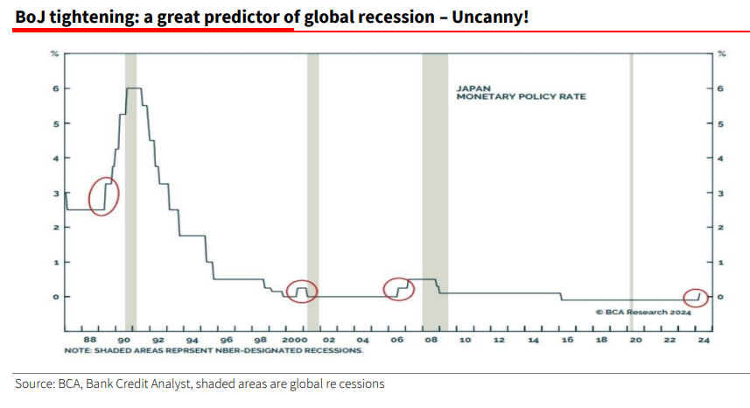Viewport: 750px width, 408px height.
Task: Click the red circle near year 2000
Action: [x=302, y=292]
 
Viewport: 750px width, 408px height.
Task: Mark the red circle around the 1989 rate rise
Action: [x=103, y=195]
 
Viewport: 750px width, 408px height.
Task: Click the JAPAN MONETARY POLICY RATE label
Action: [x=520, y=93]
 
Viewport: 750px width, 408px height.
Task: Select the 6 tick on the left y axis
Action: [x=54, y=89]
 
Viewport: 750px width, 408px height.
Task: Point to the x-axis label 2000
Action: [x=294, y=339]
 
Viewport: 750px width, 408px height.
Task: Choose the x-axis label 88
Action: [x=89, y=339]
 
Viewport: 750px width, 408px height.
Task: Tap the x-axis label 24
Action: [x=703, y=339]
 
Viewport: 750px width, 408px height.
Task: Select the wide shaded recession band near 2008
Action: [x=435, y=188]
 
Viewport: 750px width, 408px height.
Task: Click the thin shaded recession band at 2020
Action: [x=632, y=188]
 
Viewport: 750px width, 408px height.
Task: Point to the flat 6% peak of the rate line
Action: [x=134, y=88]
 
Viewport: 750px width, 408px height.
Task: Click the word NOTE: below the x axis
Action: [x=77, y=350]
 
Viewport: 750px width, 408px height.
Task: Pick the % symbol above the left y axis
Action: [x=54, y=54]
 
